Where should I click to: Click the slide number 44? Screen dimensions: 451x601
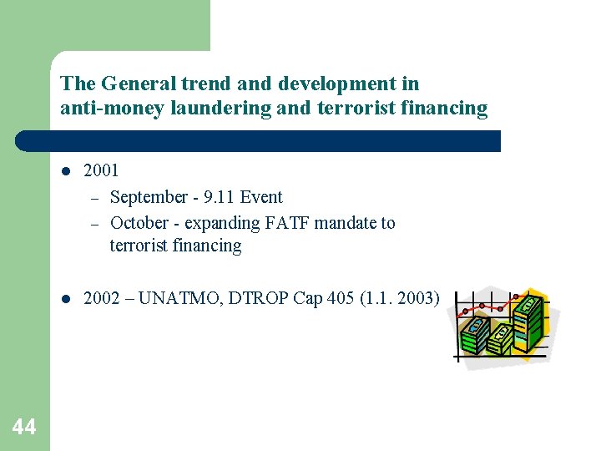point(24,428)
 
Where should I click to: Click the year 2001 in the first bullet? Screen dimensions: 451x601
point(102,170)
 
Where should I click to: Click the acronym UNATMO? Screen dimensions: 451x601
point(174,297)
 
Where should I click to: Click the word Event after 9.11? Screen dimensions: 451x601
point(261,197)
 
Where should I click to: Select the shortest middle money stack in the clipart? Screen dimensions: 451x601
point(499,338)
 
